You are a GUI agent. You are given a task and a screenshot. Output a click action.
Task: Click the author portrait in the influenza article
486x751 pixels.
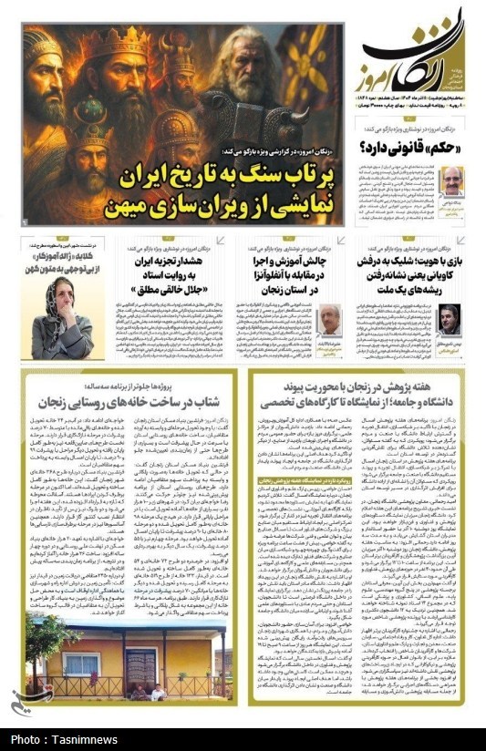(x=330, y=320)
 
